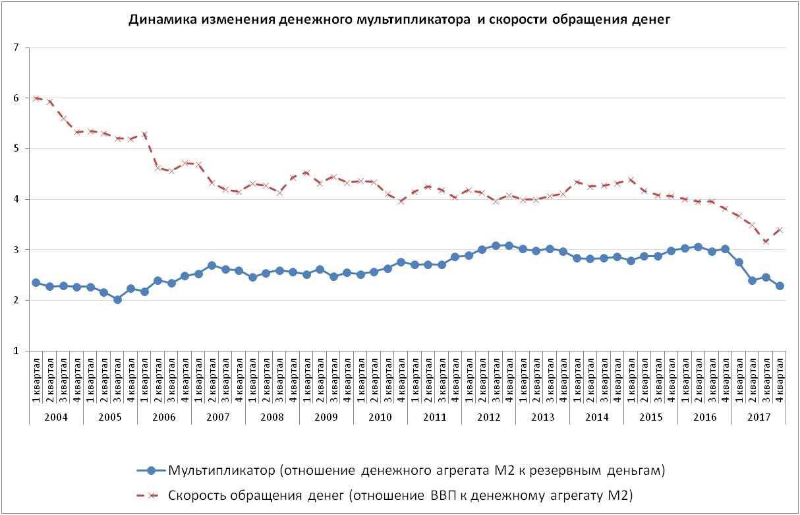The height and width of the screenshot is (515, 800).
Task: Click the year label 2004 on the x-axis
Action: point(56,417)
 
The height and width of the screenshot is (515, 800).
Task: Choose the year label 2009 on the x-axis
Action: point(326,417)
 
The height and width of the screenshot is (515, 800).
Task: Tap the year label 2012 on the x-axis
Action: point(488,417)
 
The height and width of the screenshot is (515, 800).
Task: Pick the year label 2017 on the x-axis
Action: point(758,417)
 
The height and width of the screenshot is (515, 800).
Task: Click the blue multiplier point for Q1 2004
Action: point(36,282)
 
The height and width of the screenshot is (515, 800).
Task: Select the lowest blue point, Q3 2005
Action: point(117,299)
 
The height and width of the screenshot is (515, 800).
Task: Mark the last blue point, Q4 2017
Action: point(780,286)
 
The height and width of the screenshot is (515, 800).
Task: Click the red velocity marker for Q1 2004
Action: point(36,98)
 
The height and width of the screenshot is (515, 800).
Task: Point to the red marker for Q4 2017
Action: point(780,229)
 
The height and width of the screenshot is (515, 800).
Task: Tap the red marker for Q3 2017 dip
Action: point(766,241)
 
